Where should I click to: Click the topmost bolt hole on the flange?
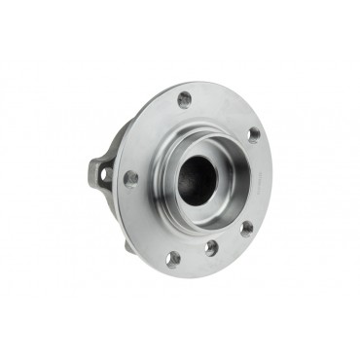pyautogui.click(x=184, y=98)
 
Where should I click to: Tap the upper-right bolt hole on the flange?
pyautogui.click(x=254, y=135)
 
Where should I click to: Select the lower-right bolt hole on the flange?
pyautogui.click(x=246, y=229)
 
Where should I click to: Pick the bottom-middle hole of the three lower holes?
pyautogui.click(x=211, y=248)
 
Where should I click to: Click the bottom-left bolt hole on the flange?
pyautogui.click(x=173, y=259)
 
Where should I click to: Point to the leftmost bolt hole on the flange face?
pyautogui.click(x=130, y=178)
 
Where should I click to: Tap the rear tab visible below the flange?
pyautogui.click(x=129, y=244)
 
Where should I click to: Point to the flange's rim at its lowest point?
pyautogui.click(x=185, y=276)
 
